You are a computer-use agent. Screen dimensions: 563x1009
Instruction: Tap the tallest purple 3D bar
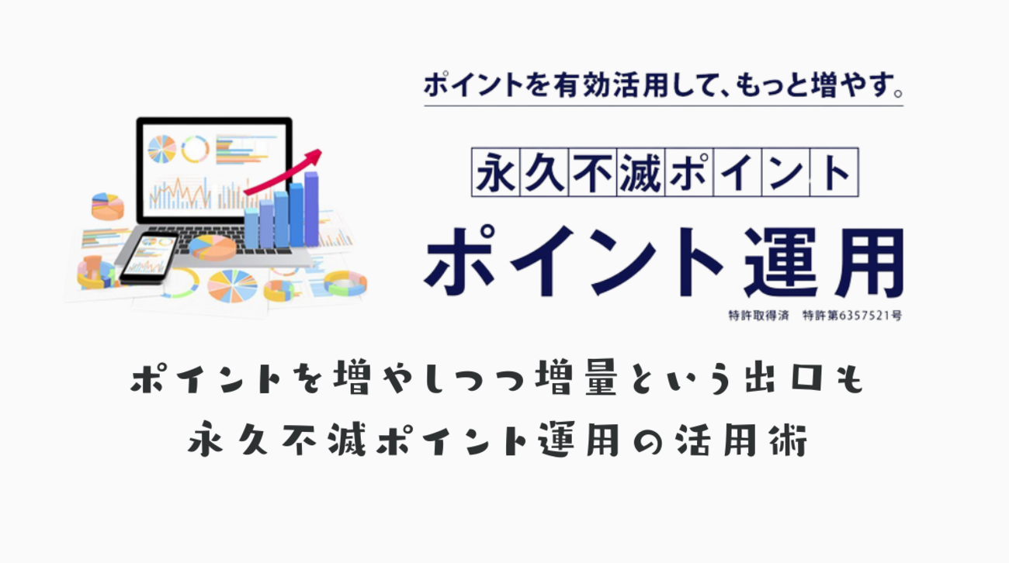click(310, 209)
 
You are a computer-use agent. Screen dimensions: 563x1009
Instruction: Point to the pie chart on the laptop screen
click(162, 148)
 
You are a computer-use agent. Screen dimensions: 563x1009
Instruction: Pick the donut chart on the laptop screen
click(195, 149)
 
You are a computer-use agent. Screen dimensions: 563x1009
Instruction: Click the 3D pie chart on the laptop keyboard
click(211, 247)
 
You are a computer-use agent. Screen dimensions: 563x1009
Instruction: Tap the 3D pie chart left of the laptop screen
click(107, 206)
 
